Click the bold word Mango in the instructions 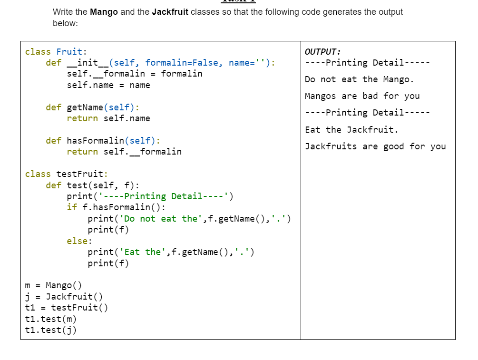click(x=104, y=12)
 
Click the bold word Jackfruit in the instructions click(x=170, y=12)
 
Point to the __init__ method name click(x=88, y=63)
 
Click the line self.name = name click(x=108, y=85)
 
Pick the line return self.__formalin click(x=124, y=152)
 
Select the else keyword click(x=77, y=241)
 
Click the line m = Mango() click(x=53, y=285)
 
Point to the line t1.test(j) click(x=50, y=330)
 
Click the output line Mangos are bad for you click(x=362, y=96)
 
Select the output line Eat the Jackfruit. click(x=351, y=129)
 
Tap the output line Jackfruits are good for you click(x=375, y=146)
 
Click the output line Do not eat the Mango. click(x=359, y=79)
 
